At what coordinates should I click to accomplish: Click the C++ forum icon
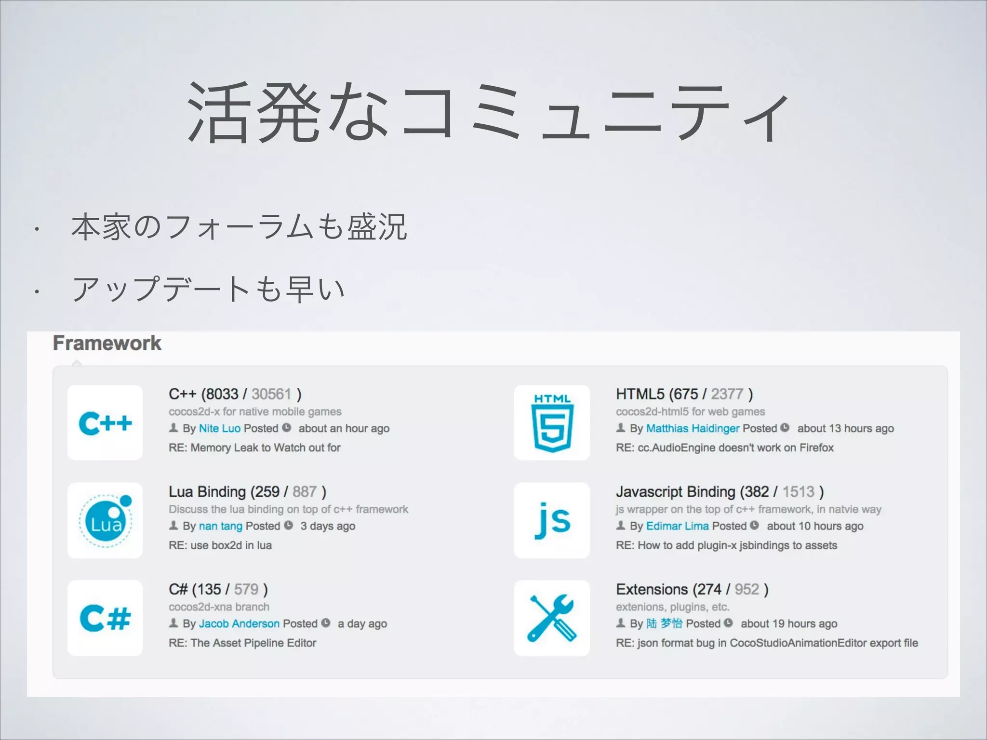(x=105, y=423)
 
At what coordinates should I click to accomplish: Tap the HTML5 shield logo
(x=552, y=423)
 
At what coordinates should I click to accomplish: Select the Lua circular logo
(x=105, y=521)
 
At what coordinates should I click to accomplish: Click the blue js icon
(x=552, y=521)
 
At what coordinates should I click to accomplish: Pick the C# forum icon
(x=105, y=618)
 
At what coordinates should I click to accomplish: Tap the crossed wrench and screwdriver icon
(x=552, y=618)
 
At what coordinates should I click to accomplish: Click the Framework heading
(x=107, y=343)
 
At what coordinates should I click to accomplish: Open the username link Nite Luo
(x=219, y=428)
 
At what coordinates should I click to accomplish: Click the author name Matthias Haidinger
(x=693, y=428)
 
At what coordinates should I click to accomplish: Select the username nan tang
(x=220, y=526)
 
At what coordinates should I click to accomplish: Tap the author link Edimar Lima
(x=677, y=526)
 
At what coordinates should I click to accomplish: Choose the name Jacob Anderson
(x=239, y=623)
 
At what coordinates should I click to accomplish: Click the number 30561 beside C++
(x=271, y=394)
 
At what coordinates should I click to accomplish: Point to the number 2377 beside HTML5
(x=727, y=394)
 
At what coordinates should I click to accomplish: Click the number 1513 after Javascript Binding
(x=798, y=492)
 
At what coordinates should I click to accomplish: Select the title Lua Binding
(x=207, y=492)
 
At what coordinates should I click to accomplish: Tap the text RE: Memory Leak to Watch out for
(x=254, y=448)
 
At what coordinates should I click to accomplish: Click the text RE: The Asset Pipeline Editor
(x=242, y=643)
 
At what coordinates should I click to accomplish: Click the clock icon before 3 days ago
(x=288, y=526)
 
